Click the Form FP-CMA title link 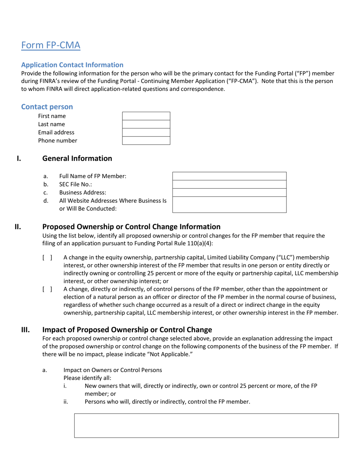click(x=51, y=45)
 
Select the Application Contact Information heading click(x=72, y=65)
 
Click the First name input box click(x=146, y=116)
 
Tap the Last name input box click(x=146, y=124)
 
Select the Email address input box click(x=146, y=132)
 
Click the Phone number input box click(x=146, y=141)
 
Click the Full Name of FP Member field click(x=229, y=176)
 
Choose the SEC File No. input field click(x=229, y=184)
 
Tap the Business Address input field click(x=229, y=192)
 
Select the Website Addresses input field click(x=229, y=205)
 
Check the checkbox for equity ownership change click(x=47, y=258)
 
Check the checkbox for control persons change click(x=47, y=289)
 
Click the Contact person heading click(x=47, y=107)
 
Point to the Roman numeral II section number click(x=18, y=227)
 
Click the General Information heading click(x=77, y=158)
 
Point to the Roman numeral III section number click(x=25, y=330)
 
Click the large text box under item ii click(x=206, y=425)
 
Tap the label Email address click(x=56, y=132)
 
